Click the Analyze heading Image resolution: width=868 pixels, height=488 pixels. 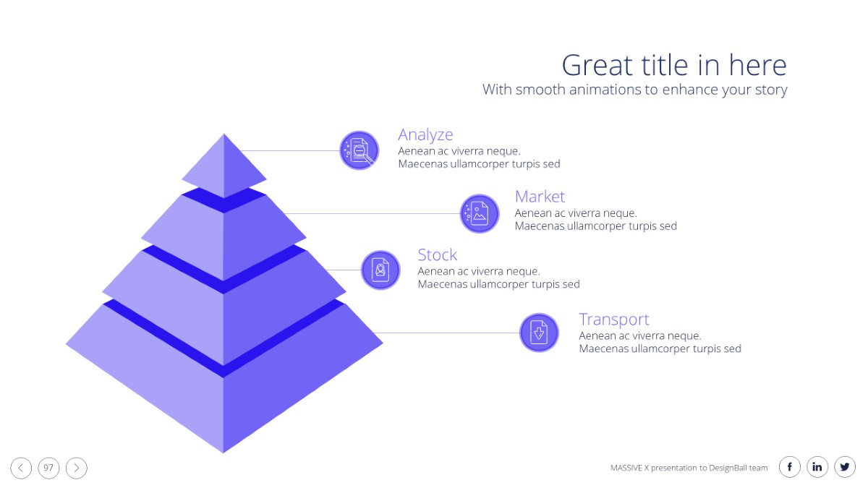(425, 135)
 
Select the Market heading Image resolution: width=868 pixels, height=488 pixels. (540, 197)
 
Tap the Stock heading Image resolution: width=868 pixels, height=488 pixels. (437, 254)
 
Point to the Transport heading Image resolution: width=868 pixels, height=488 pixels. (614, 320)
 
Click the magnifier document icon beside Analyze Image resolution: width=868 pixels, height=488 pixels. (359, 150)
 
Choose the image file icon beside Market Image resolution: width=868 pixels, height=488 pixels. (480, 213)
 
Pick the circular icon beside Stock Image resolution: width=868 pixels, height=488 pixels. (380, 270)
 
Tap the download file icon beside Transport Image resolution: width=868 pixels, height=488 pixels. (539, 333)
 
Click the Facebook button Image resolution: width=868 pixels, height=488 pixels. (790, 468)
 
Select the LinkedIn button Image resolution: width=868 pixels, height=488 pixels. (817, 468)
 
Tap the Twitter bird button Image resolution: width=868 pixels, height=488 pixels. (845, 468)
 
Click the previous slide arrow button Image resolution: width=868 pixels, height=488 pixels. (21, 468)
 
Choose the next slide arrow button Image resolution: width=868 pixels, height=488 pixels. (77, 468)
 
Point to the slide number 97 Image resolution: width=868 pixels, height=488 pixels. (48, 468)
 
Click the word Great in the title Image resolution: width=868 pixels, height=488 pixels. (597, 65)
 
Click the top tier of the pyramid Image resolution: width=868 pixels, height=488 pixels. (224, 166)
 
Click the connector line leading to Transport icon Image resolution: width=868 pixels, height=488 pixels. (447, 333)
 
